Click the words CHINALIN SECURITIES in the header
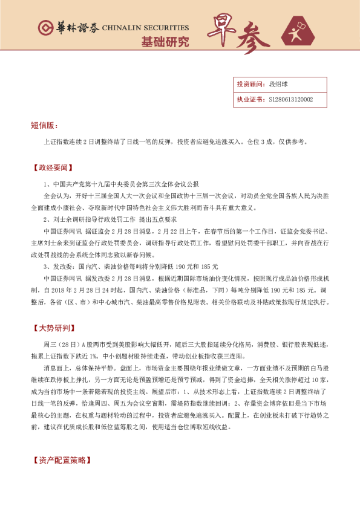pos(145,28)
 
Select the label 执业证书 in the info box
pos(249,99)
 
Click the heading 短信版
pos(44,126)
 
